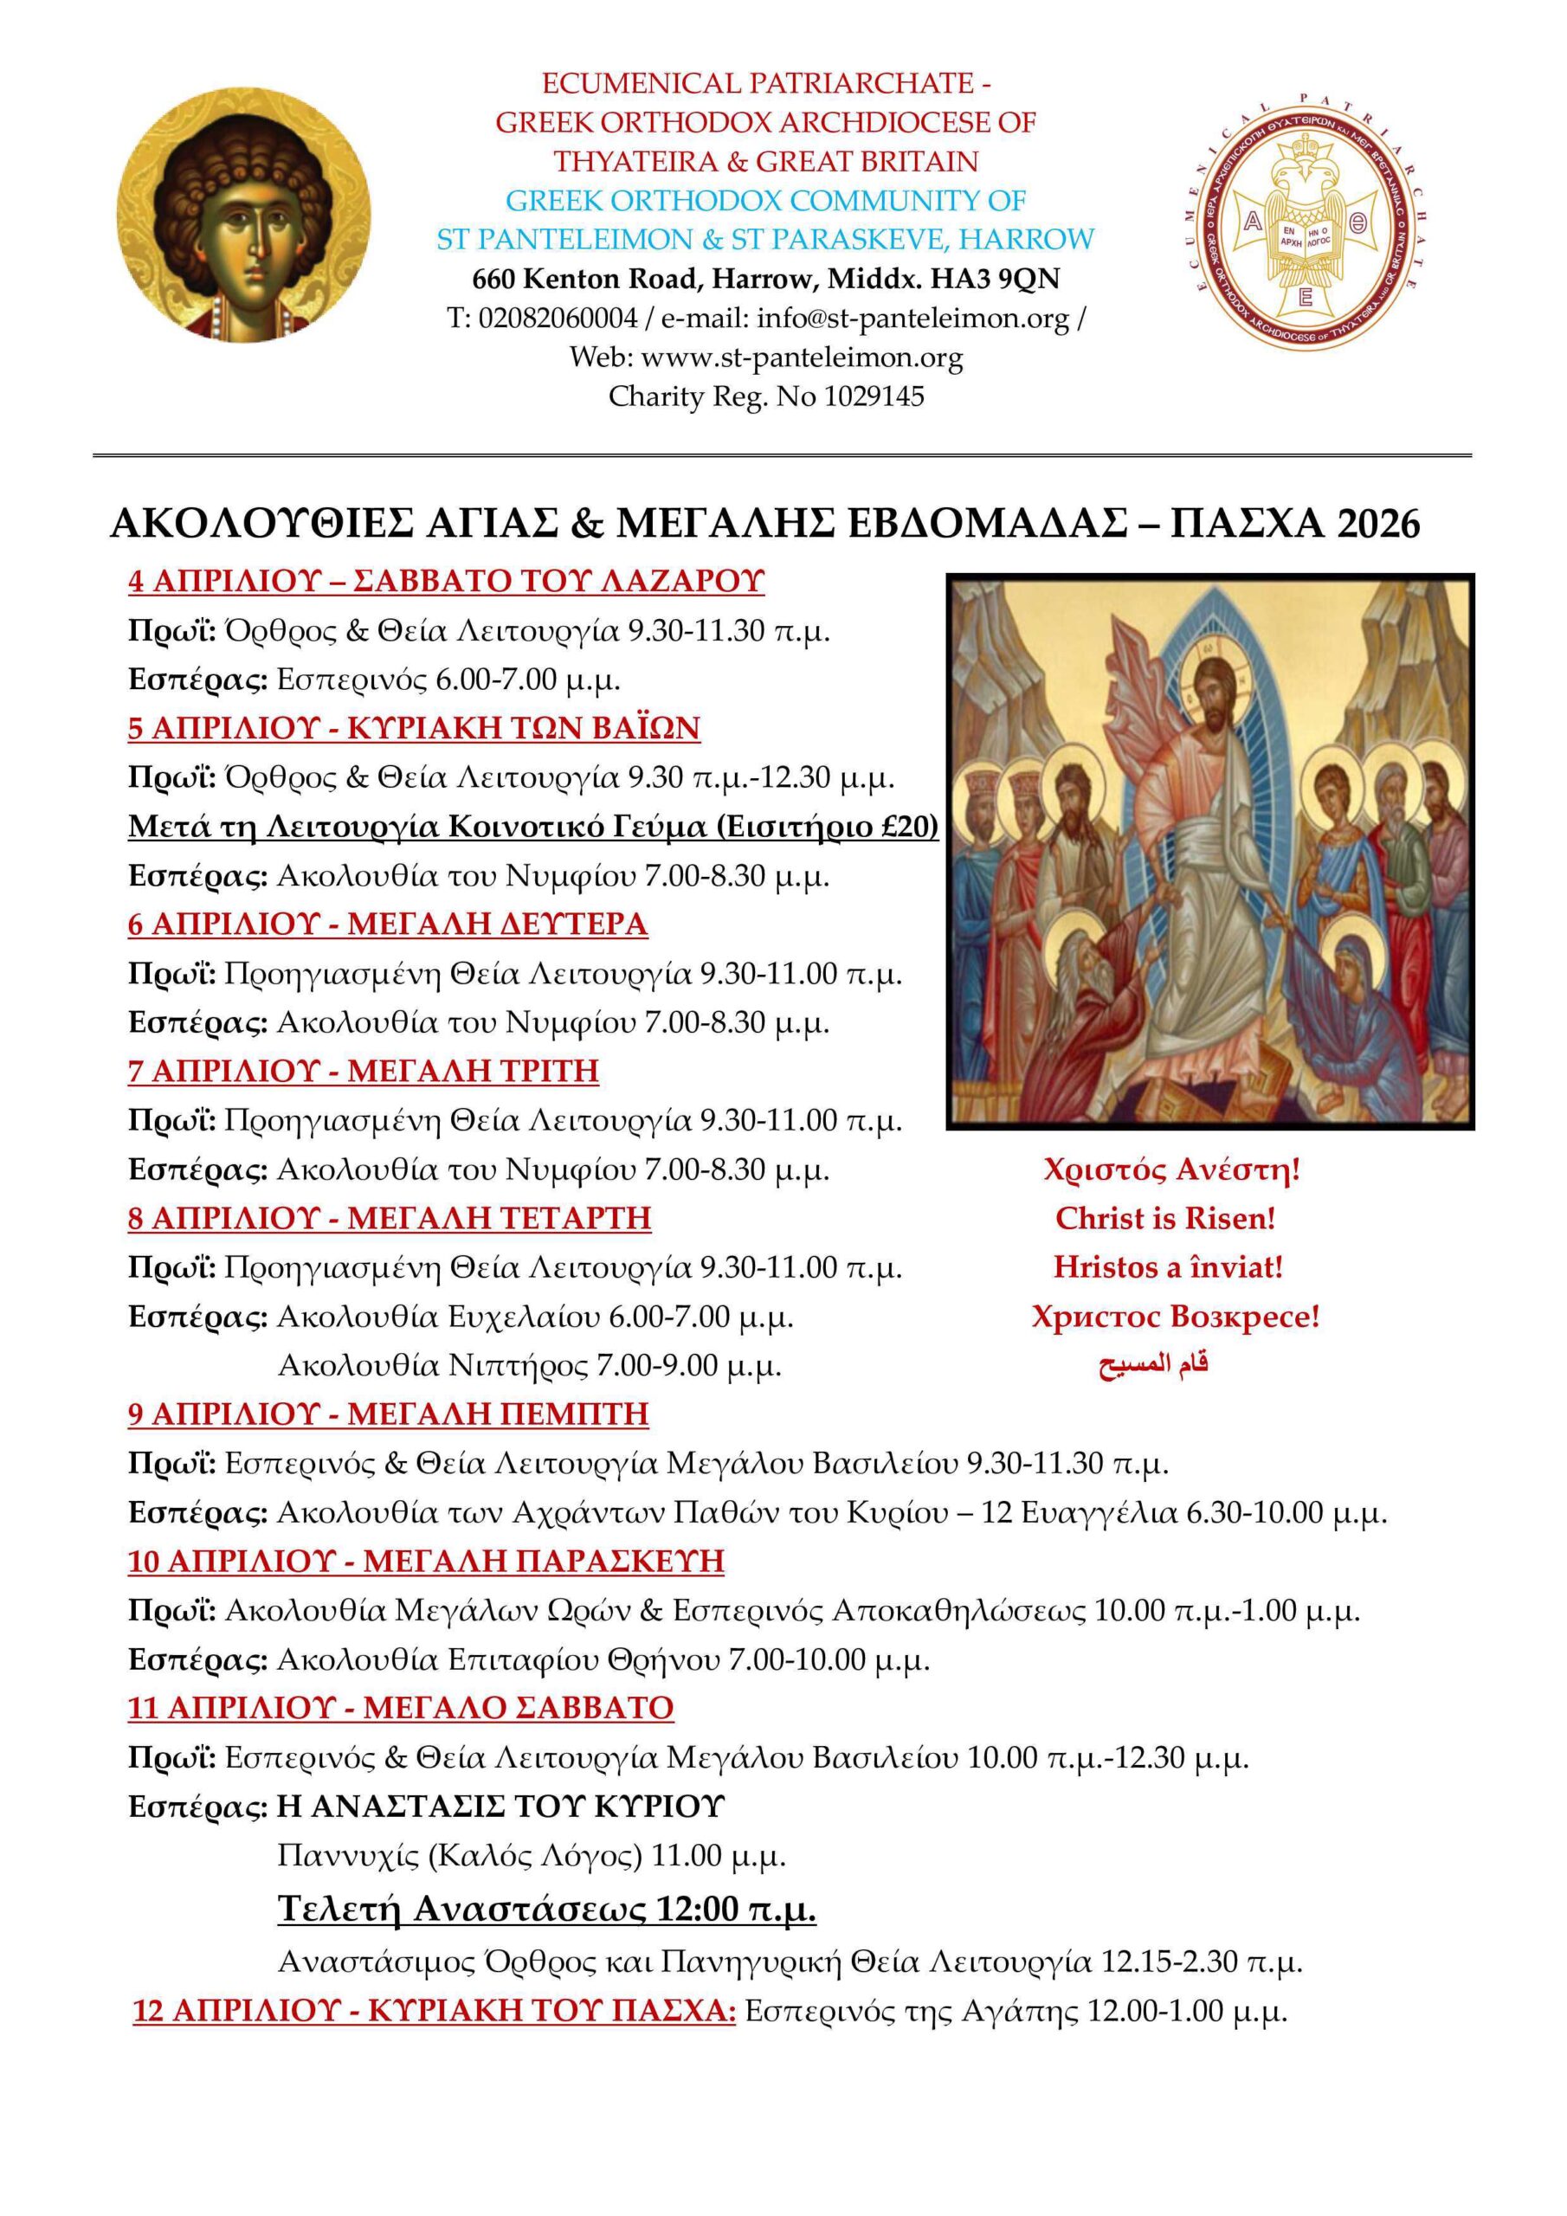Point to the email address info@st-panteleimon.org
(x=912, y=319)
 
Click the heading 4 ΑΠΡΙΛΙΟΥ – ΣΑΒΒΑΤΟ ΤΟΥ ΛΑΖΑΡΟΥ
(x=446, y=581)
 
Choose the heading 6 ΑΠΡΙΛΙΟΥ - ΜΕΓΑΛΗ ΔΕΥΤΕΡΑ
(x=387, y=924)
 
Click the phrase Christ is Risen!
(x=1165, y=1219)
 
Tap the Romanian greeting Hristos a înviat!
(x=1168, y=1267)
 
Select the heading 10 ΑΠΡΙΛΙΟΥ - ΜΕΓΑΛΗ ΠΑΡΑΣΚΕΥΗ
(x=426, y=1562)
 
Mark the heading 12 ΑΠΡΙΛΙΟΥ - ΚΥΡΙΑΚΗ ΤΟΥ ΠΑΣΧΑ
(x=435, y=2013)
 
